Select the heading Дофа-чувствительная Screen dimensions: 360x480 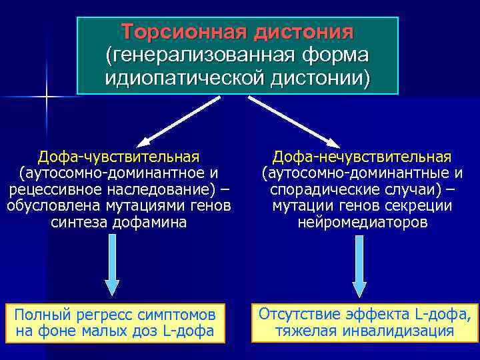pos(119,157)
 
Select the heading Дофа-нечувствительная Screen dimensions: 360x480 pos(362,157)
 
